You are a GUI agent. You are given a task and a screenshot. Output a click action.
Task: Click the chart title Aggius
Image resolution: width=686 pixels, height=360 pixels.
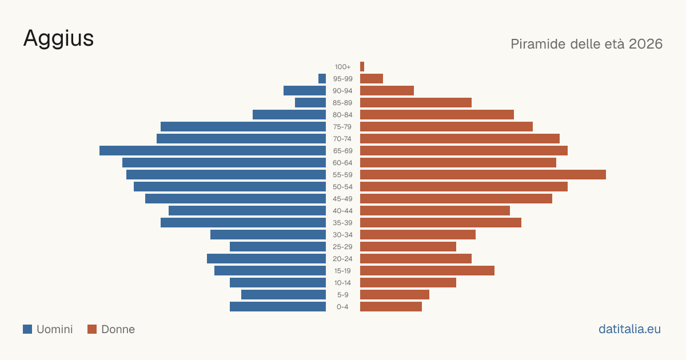coord(58,39)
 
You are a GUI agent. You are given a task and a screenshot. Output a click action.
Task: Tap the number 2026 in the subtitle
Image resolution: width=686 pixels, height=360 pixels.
coord(645,44)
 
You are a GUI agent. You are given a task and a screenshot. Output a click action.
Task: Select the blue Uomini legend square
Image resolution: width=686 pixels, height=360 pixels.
coord(27,329)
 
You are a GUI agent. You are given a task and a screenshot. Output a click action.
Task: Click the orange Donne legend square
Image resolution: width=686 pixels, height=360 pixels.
coord(92,329)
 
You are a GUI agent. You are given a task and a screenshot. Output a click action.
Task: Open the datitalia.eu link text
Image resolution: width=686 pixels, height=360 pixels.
coord(629,329)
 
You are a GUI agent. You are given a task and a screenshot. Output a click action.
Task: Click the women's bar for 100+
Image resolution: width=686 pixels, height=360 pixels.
coord(362,66)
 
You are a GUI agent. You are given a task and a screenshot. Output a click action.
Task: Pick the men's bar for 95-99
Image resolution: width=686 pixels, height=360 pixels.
coord(322,79)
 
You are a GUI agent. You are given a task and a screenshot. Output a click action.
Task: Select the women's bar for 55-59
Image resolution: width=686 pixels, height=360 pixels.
coord(483,174)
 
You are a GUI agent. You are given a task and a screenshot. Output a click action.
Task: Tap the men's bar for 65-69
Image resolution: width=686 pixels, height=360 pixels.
coord(213,151)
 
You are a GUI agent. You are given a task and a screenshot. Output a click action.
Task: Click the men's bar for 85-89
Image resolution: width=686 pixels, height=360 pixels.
coord(310,102)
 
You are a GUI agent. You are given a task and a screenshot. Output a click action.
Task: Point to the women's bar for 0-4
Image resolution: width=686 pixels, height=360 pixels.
coord(391,306)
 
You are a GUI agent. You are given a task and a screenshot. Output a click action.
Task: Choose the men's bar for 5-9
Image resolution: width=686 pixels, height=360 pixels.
coord(284,294)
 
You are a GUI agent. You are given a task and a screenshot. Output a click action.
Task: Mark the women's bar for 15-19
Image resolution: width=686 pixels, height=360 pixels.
coord(427,271)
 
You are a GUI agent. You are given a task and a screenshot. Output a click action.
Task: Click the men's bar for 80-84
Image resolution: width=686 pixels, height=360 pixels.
coord(289,114)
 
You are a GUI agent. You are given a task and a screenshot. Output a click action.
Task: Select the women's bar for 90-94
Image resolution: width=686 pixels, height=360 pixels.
coord(387,91)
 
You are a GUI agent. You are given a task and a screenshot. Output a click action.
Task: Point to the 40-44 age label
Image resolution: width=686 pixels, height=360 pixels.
coord(342,211)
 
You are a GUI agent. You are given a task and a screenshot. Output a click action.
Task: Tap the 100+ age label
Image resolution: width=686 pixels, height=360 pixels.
coord(342,67)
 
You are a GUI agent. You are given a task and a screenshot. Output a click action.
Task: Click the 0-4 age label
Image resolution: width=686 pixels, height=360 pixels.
coord(342,307)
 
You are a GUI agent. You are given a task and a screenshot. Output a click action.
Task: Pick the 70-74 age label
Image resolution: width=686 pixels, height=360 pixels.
coord(342,139)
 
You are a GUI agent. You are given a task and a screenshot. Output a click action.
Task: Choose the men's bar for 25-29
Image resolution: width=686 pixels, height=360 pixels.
coord(278,246)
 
